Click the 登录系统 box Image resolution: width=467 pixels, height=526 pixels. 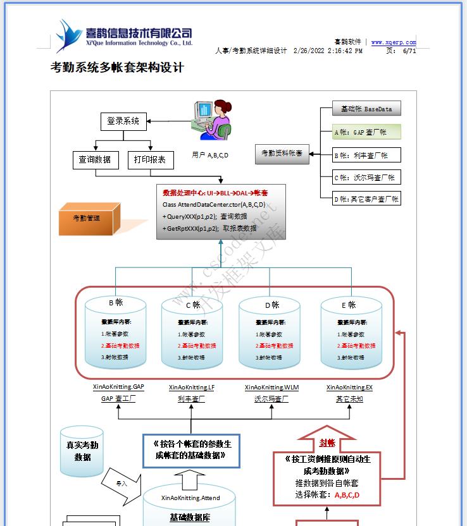123,121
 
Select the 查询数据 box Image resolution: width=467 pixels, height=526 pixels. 96,160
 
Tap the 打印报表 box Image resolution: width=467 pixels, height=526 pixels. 151,160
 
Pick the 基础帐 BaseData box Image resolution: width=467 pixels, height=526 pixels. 366,109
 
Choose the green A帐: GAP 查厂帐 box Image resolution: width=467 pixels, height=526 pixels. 366,132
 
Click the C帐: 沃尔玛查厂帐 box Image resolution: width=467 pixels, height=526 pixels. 366,178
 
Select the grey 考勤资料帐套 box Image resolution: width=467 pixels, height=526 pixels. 282,153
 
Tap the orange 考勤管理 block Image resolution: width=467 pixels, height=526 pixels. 86,219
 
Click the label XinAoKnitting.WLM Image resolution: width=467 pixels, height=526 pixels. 271,387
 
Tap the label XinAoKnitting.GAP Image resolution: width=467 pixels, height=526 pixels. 118,387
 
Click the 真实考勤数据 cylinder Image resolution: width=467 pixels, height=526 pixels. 83,452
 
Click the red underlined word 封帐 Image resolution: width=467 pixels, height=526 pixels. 327,443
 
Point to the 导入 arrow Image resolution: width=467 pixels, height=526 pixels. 123,483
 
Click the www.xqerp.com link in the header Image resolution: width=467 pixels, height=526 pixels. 394,42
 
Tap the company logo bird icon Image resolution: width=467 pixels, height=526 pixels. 66,35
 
